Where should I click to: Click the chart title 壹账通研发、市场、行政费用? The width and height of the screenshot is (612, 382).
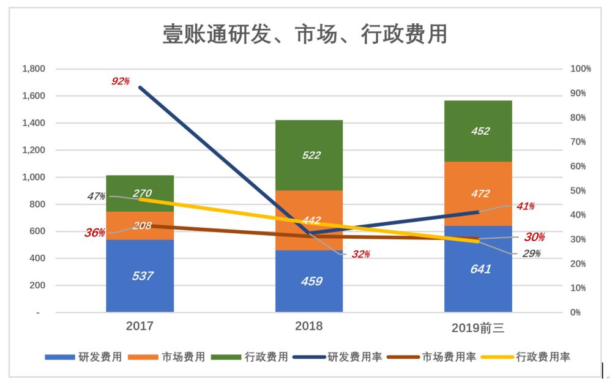tap(305, 34)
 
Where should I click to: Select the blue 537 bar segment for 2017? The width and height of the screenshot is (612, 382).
tap(140, 275)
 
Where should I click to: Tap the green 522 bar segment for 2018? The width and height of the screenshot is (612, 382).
tap(309, 155)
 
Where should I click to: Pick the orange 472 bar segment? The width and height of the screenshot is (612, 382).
tap(478, 193)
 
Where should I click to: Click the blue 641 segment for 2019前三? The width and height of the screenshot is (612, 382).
tap(478, 269)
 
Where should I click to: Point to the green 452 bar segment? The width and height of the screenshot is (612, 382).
tap(478, 131)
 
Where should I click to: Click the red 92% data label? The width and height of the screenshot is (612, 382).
tap(120, 81)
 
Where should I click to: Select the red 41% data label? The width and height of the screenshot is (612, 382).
tap(525, 206)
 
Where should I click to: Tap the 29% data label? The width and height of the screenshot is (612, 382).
tap(531, 253)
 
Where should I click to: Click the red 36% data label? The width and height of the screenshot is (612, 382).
tap(95, 233)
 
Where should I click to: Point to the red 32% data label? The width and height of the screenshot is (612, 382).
tap(360, 254)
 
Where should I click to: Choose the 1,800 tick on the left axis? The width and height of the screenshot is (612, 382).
tap(34, 69)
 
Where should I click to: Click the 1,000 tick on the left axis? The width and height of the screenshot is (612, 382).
tap(34, 177)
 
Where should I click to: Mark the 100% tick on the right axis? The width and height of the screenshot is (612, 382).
tap(581, 69)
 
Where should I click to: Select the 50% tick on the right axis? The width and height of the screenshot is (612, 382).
tap(578, 190)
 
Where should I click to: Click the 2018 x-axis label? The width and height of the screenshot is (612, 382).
tap(308, 326)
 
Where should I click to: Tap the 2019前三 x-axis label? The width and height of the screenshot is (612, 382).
tap(478, 328)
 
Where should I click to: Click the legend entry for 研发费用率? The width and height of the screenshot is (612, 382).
tap(338, 357)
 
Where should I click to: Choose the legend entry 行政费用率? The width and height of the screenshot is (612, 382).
tap(526, 357)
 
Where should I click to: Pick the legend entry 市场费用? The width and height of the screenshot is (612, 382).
tap(166, 357)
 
